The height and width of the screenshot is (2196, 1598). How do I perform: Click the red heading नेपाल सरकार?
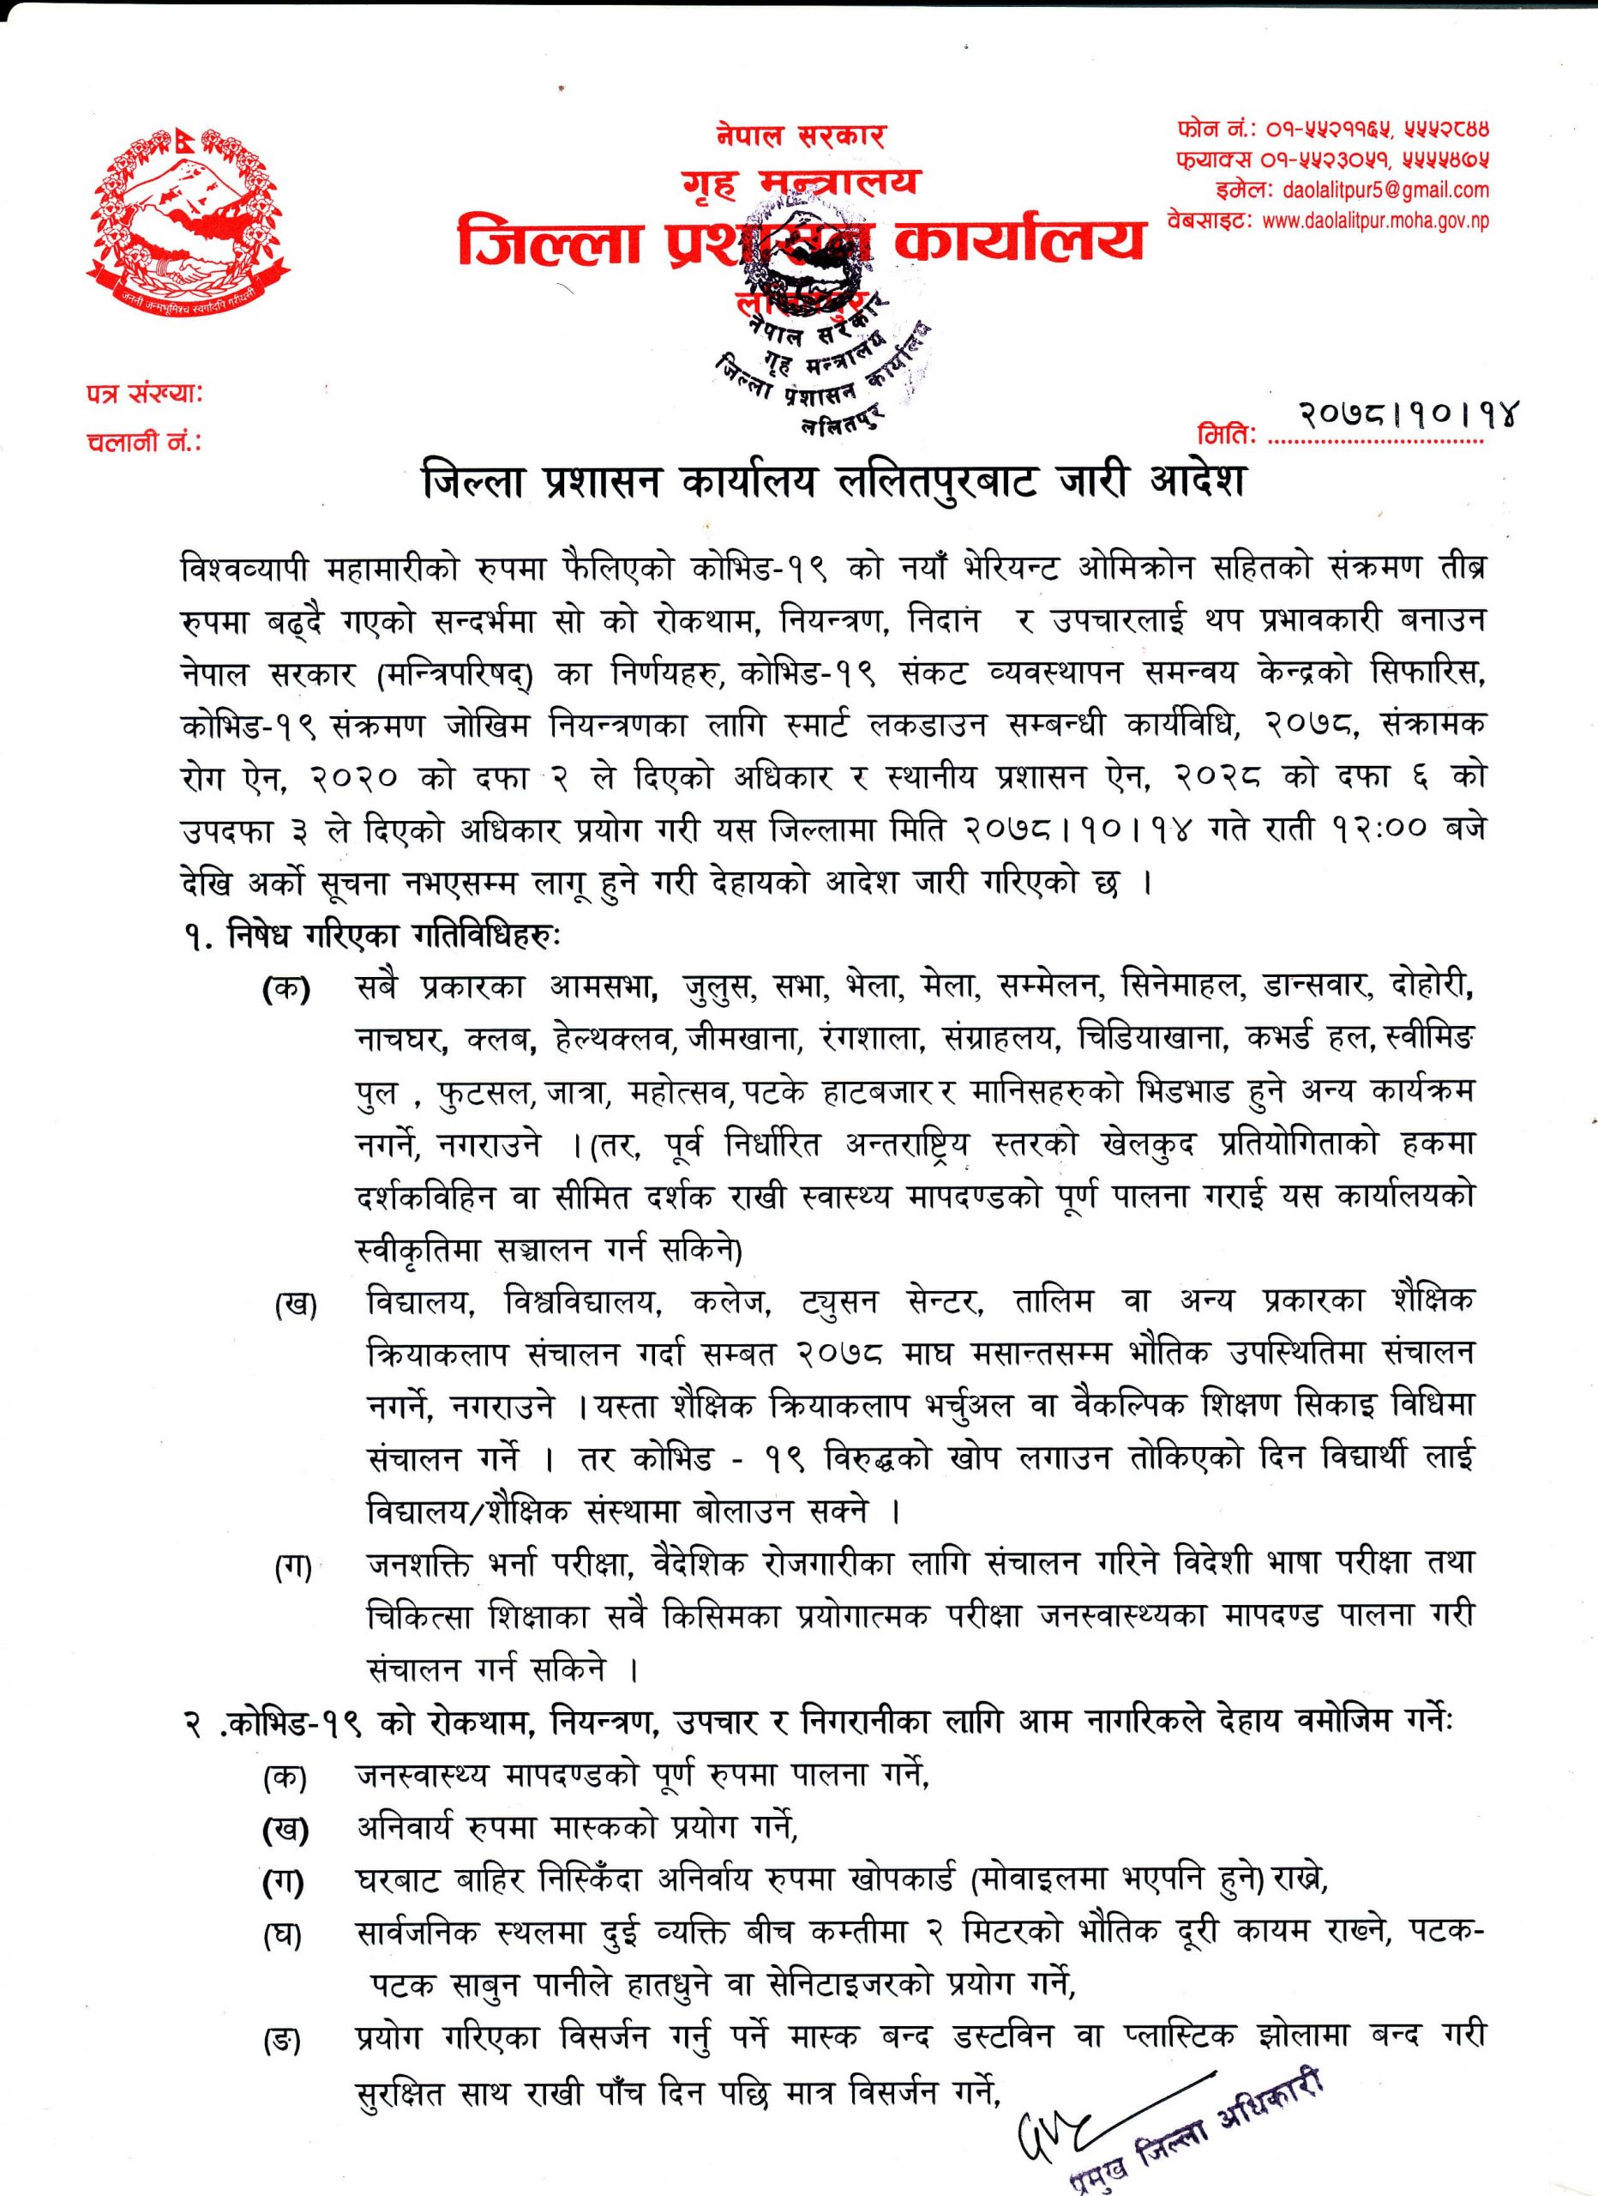(801, 136)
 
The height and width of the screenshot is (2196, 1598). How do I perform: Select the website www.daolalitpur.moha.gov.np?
(1375, 220)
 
